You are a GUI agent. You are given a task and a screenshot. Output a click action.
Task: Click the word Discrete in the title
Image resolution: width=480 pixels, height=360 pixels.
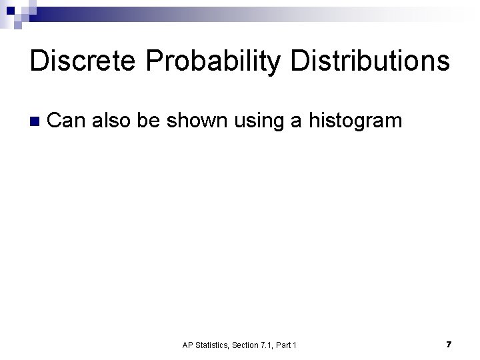tap(83, 61)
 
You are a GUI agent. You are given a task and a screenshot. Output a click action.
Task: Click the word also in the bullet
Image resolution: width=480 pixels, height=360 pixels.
tap(111, 121)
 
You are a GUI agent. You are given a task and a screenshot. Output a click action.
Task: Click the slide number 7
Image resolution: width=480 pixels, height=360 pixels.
tap(449, 344)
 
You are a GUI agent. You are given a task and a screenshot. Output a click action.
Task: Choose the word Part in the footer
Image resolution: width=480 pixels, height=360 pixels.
tap(285, 345)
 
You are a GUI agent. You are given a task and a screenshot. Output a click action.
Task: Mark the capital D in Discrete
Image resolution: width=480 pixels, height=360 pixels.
tap(39, 61)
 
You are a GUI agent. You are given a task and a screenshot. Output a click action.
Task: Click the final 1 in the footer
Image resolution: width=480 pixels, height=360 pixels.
tap(295, 345)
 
